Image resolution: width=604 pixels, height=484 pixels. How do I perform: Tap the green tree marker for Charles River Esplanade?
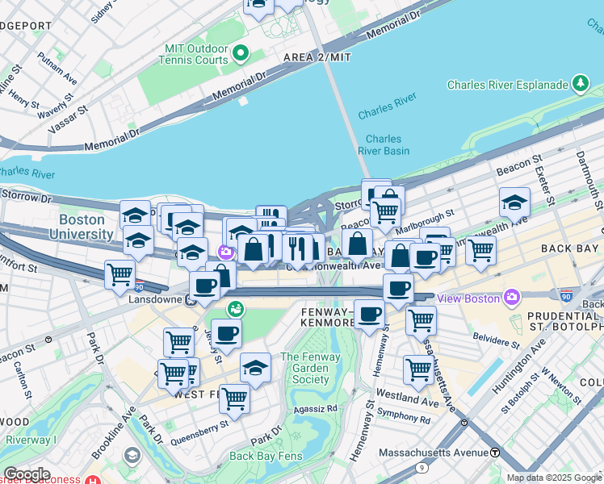tap(580, 83)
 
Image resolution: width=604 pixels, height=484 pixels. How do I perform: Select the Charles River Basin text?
tap(384, 145)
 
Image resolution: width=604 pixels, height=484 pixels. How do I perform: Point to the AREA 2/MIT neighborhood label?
tap(317, 57)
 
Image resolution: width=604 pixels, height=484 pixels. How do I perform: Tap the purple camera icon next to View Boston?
tap(511, 298)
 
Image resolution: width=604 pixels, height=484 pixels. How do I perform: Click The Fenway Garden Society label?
tap(305, 369)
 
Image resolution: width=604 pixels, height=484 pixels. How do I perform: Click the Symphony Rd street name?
tap(409, 419)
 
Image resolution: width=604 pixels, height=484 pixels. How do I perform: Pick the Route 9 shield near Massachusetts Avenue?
tap(422, 468)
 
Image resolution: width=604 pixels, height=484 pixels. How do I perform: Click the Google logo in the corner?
tap(26, 474)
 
